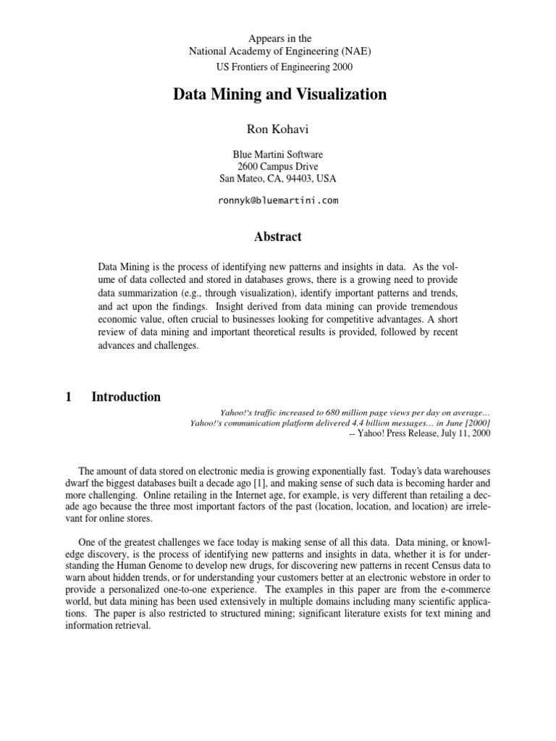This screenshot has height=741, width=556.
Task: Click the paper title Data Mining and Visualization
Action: tap(279, 95)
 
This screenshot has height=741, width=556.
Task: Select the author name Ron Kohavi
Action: tap(278, 129)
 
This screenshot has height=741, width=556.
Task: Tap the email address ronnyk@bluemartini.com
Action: tap(278, 200)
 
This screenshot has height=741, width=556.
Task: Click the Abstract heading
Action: tap(278, 237)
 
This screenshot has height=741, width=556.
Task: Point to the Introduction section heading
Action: tap(126, 397)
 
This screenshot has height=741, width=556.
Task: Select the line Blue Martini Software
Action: tap(278, 154)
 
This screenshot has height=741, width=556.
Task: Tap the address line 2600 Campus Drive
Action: tap(278, 166)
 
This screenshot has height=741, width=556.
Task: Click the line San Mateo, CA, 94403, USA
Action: tap(278, 178)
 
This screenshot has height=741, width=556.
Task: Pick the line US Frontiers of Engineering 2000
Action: tap(278, 67)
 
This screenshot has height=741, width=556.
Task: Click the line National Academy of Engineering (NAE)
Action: tap(278, 51)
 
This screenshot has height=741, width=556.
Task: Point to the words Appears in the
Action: tap(278, 38)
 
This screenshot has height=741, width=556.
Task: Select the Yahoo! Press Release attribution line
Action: tap(419, 433)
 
